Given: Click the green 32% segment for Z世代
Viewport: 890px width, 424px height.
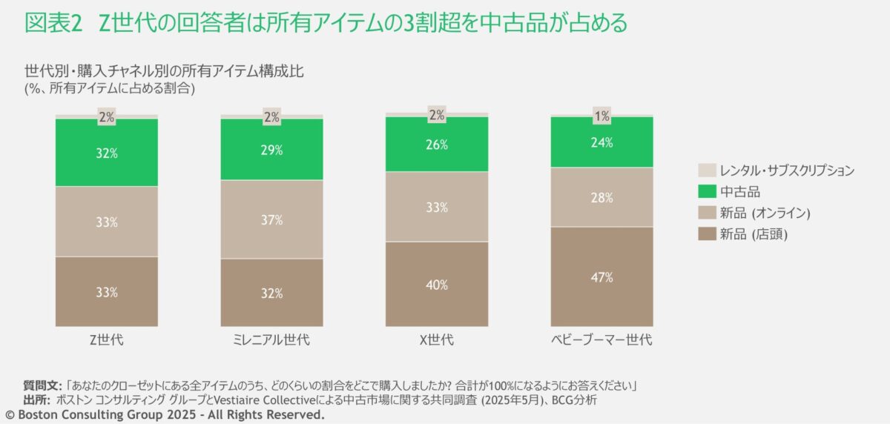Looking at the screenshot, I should point(107,153).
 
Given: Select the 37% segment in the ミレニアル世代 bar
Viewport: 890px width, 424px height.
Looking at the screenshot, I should point(272,219).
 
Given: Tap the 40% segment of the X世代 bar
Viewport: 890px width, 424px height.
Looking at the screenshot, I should point(437,284).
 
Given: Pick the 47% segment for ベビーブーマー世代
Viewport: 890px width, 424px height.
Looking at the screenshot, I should point(601,276).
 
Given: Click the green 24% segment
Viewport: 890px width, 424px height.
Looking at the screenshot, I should point(601,142).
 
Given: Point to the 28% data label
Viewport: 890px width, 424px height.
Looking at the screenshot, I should point(601,198).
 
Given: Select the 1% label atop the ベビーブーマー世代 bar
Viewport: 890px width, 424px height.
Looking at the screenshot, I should point(601,116).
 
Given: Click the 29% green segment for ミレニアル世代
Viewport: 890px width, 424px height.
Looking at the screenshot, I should point(272,150).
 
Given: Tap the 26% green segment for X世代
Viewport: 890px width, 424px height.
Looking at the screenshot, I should point(437,145).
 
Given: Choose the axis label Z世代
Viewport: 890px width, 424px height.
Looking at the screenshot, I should point(107,340).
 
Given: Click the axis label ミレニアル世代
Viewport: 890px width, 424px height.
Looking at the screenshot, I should point(272,340).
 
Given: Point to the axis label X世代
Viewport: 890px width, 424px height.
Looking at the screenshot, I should point(437,340).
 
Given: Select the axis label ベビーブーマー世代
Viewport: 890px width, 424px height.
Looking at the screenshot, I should point(601,340).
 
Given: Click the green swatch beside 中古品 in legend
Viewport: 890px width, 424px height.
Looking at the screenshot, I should point(708,192).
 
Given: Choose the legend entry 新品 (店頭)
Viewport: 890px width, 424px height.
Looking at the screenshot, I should point(754,235).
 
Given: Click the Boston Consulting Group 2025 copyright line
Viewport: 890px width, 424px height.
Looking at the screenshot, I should point(165,415).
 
